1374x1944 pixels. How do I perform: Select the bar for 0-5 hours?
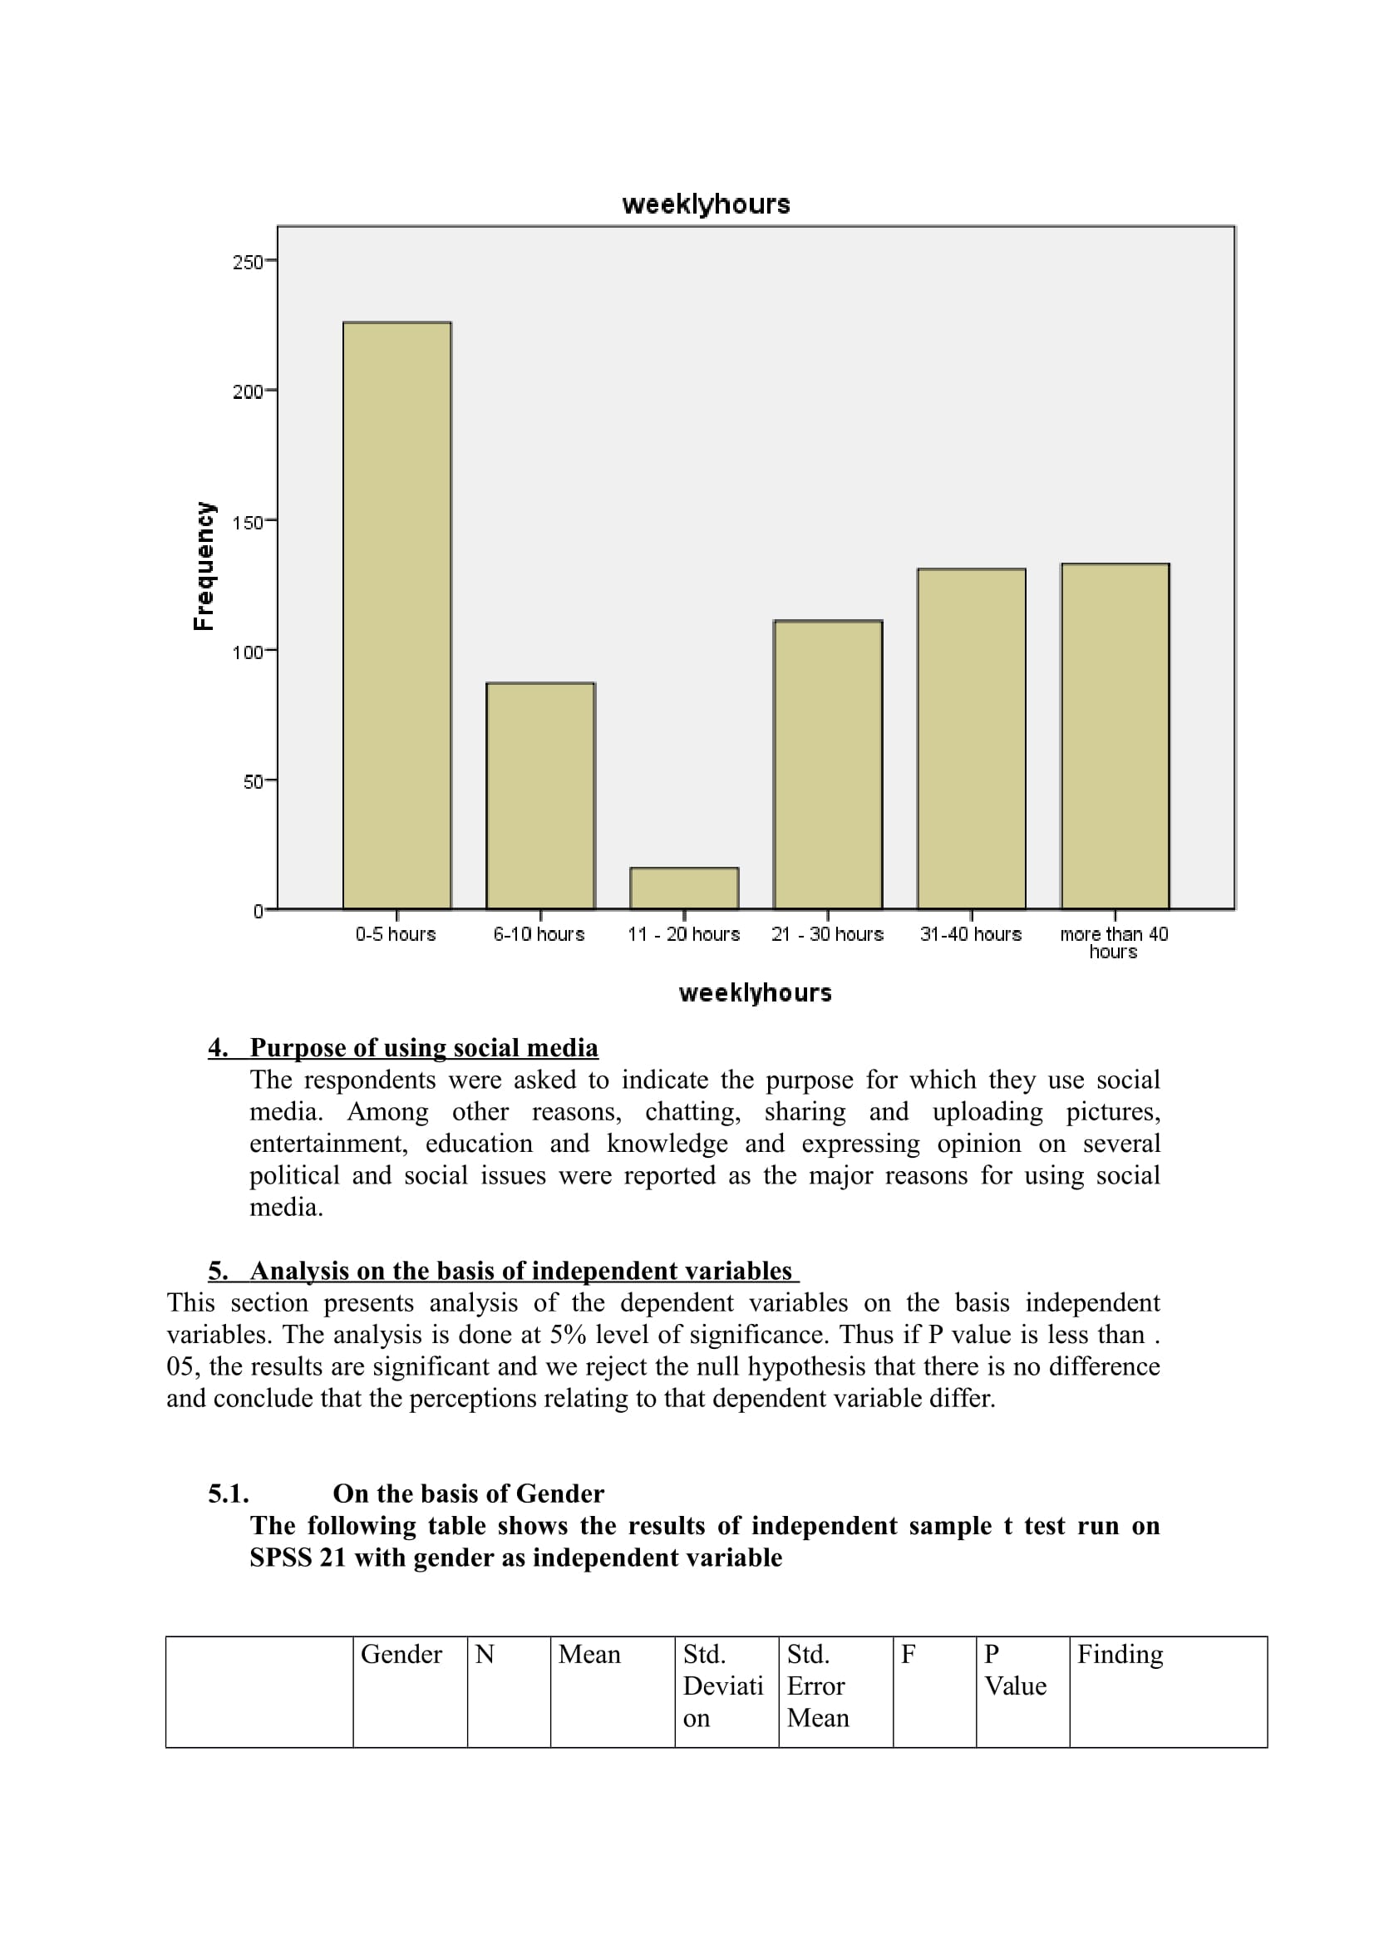click(397, 616)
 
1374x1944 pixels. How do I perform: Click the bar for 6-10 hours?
click(540, 796)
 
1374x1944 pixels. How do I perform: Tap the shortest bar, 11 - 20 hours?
click(684, 888)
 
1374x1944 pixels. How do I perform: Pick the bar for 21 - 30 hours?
click(828, 765)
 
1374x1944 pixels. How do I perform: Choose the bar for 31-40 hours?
click(971, 739)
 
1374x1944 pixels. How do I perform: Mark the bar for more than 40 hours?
click(1115, 736)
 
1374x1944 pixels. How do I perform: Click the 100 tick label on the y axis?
click(247, 652)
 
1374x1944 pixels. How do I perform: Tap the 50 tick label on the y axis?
click(254, 782)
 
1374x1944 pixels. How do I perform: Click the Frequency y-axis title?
click(204, 567)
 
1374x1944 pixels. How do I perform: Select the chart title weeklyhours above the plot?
click(706, 204)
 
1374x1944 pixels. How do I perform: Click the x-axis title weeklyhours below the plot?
click(755, 993)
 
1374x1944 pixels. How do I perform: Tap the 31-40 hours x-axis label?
click(971, 935)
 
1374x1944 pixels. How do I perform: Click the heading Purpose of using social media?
click(423, 1048)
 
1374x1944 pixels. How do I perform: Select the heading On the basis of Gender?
click(468, 1494)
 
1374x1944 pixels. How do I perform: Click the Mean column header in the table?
click(589, 1655)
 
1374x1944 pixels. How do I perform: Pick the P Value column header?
click(1015, 1670)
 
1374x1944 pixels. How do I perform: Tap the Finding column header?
click(1120, 1655)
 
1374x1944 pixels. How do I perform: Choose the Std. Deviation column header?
click(724, 1686)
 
